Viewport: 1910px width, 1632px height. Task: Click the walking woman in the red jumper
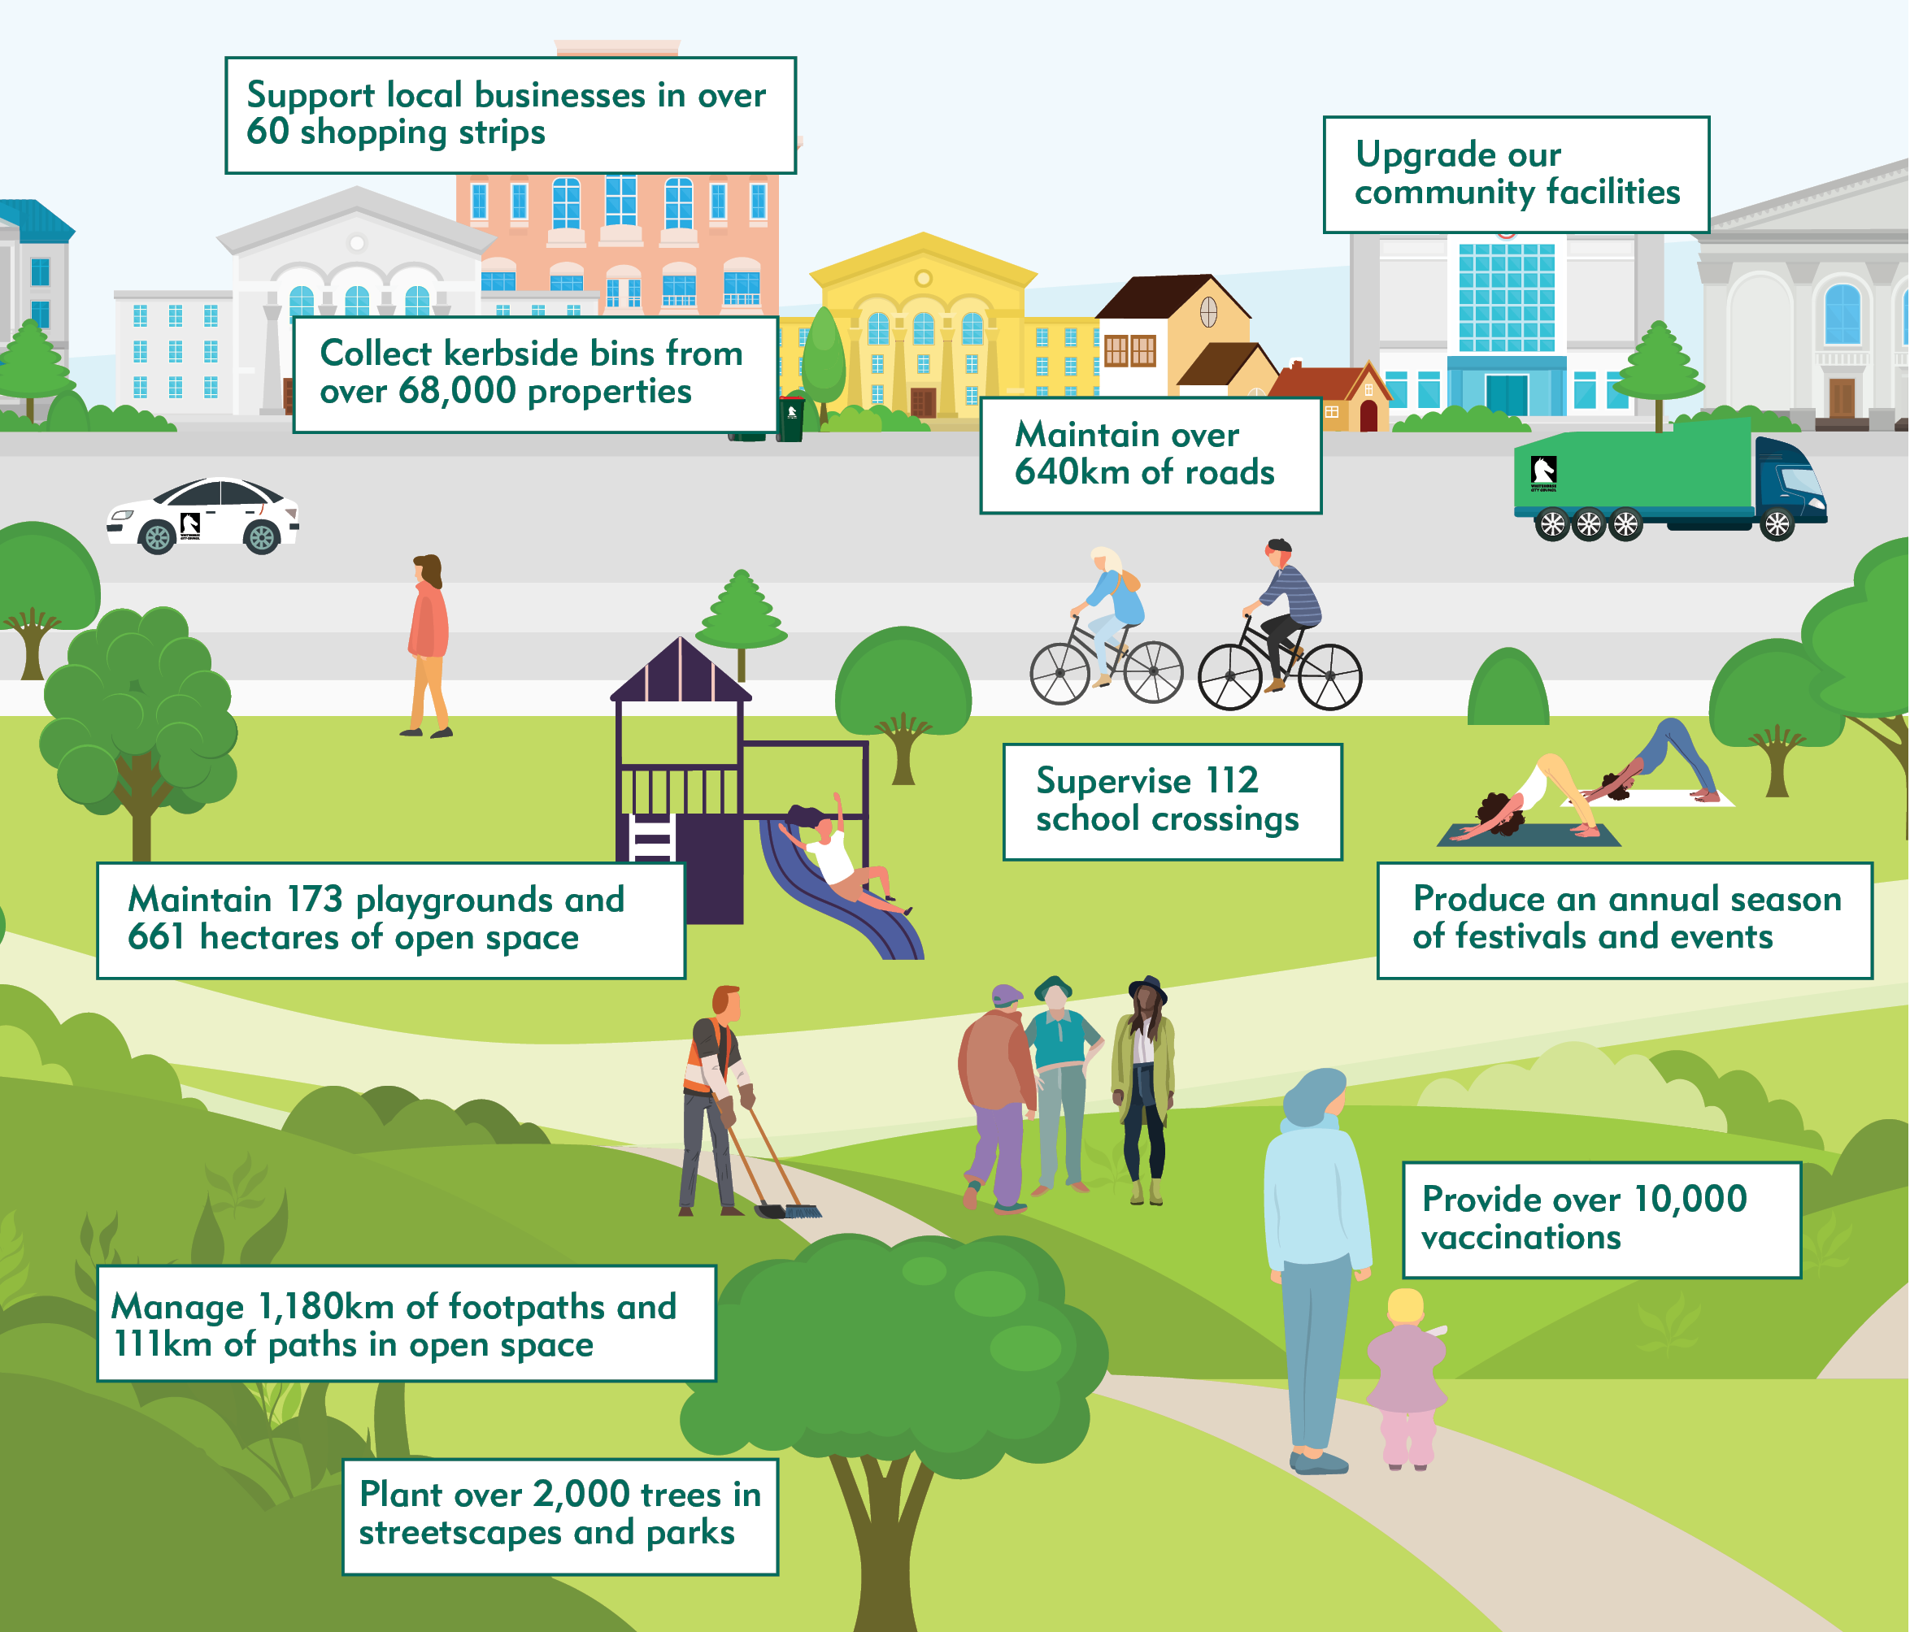pyautogui.click(x=428, y=636)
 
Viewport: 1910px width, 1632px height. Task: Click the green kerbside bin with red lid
pyautogui.click(x=791, y=419)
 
